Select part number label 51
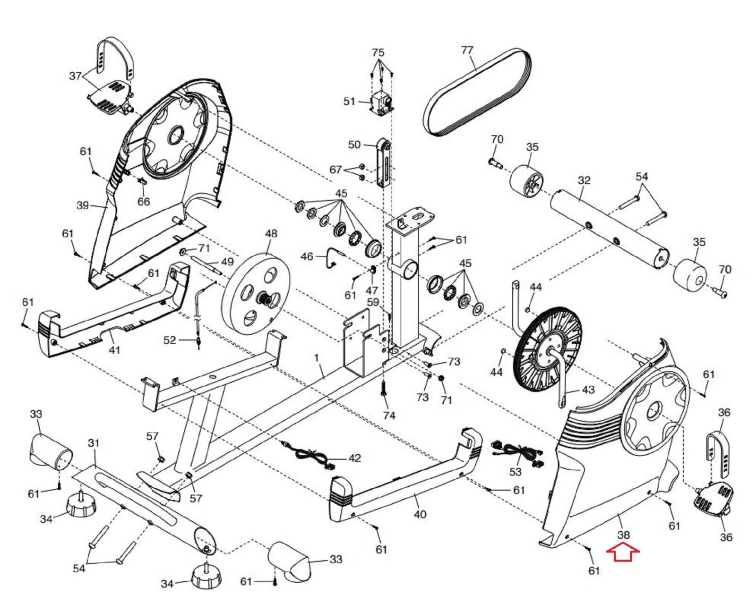(349, 102)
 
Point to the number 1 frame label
(317, 357)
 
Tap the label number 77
(467, 50)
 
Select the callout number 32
(584, 180)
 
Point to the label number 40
(420, 515)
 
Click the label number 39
(83, 205)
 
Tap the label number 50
(354, 144)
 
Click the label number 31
(94, 443)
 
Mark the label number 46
(307, 256)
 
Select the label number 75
(378, 53)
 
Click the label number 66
(144, 201)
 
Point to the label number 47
(372, 290)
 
